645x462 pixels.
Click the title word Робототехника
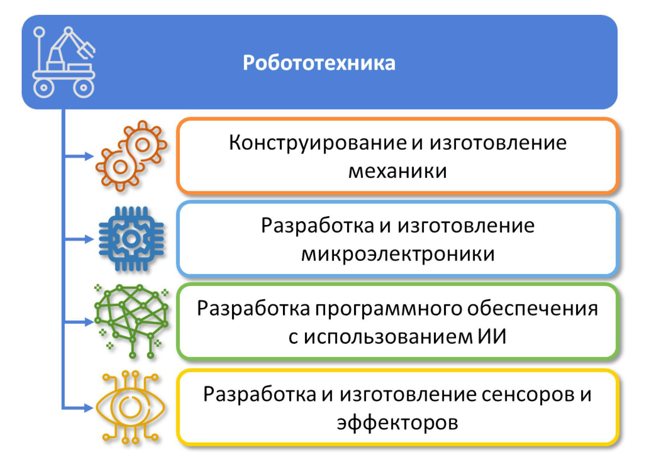pos(319,63)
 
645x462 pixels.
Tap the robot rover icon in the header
pos(64,62)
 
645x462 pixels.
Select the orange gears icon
pos(131,156)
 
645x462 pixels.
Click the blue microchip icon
pos(131,239)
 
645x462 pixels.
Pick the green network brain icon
pos(132,321)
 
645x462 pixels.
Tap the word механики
pos(397,172)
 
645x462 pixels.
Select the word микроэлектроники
pos(398,254)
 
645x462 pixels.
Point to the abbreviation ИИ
pos(492,336)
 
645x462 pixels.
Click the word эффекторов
pos(397,423)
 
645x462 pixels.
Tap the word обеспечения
pos(532,309)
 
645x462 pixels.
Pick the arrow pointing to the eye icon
pos(78,407)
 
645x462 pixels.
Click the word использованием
pos(388,336)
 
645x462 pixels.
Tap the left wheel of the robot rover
pos(43,87)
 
